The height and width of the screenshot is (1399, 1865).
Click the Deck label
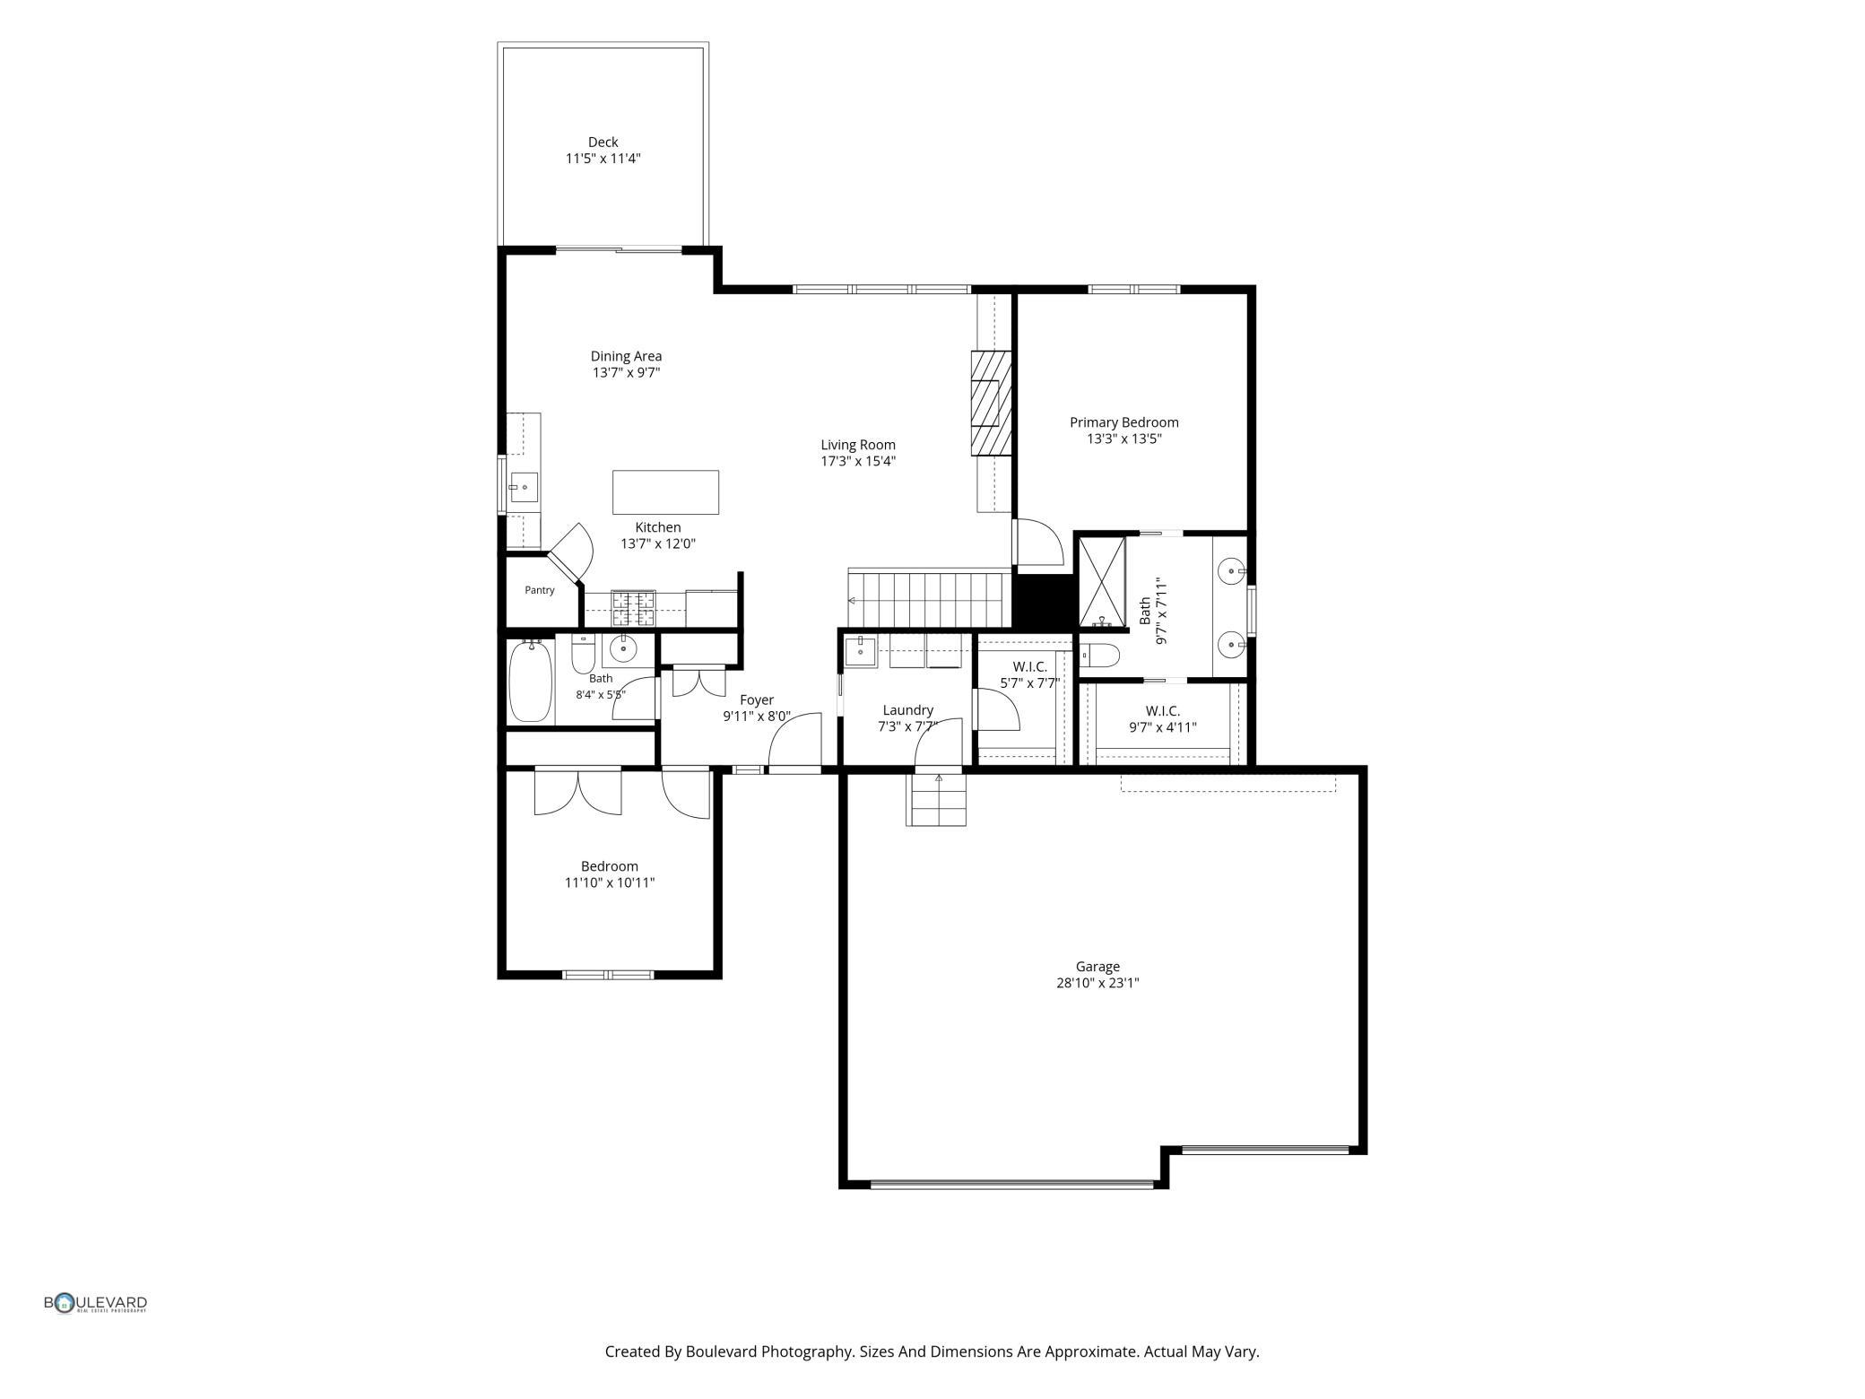pyautogui.click(x=603, y=142)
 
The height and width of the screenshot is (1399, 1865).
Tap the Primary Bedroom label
pyautogui.click(x=1123, y=422)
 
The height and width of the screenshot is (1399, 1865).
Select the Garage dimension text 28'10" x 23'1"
pyautogui.click(x=1097, y=983)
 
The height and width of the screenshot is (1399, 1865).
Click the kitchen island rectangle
pyautogui.click(x=665, y=492)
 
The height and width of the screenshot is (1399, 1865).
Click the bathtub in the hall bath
pyautogui.click(x=530, y=682)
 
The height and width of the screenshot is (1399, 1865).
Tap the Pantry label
pyautogui.click(x=540, y=590)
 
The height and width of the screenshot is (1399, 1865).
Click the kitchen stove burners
pyautogui.click(x=633, y=608)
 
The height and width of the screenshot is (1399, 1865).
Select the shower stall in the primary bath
pyautogui.click(x=1101, y=581)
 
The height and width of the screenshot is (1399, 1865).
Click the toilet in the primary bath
pyautogui.click(x=1099, y=656)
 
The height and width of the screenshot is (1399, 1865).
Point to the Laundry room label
pyautogui.click(x=907, y=710)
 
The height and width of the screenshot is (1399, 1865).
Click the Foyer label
pyautogui.click(x=757, y=700)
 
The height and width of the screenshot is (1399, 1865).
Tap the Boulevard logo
pyautogui.click(x=96, y=1303)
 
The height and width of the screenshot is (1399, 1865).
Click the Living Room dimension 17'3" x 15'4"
pyautogui.click(x=858, y=462)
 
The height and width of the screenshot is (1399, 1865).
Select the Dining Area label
pyautogui.click(x=626, y=356)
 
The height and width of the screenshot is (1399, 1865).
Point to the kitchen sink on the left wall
pyautogui.click(x=524, y=488)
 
